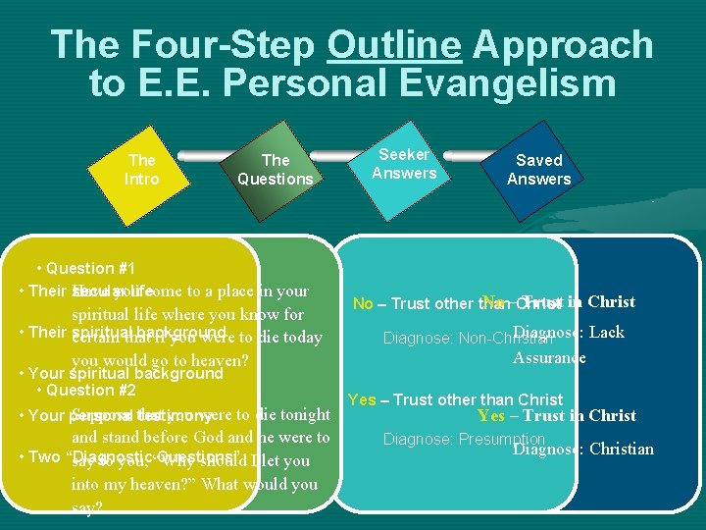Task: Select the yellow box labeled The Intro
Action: coord(142,169)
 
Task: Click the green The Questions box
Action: coord(276,169)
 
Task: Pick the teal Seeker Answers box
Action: coord(404,164)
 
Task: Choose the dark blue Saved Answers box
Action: coord(538,169)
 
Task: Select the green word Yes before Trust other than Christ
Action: coord(362,399)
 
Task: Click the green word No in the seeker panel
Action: coord(363,303)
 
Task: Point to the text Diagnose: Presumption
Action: coord(464,439)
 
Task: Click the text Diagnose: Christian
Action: coord(582,450)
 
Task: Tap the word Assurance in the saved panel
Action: coord(549,357)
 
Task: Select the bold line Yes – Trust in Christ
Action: coord(556,416)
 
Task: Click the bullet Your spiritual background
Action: coord(126,374)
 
